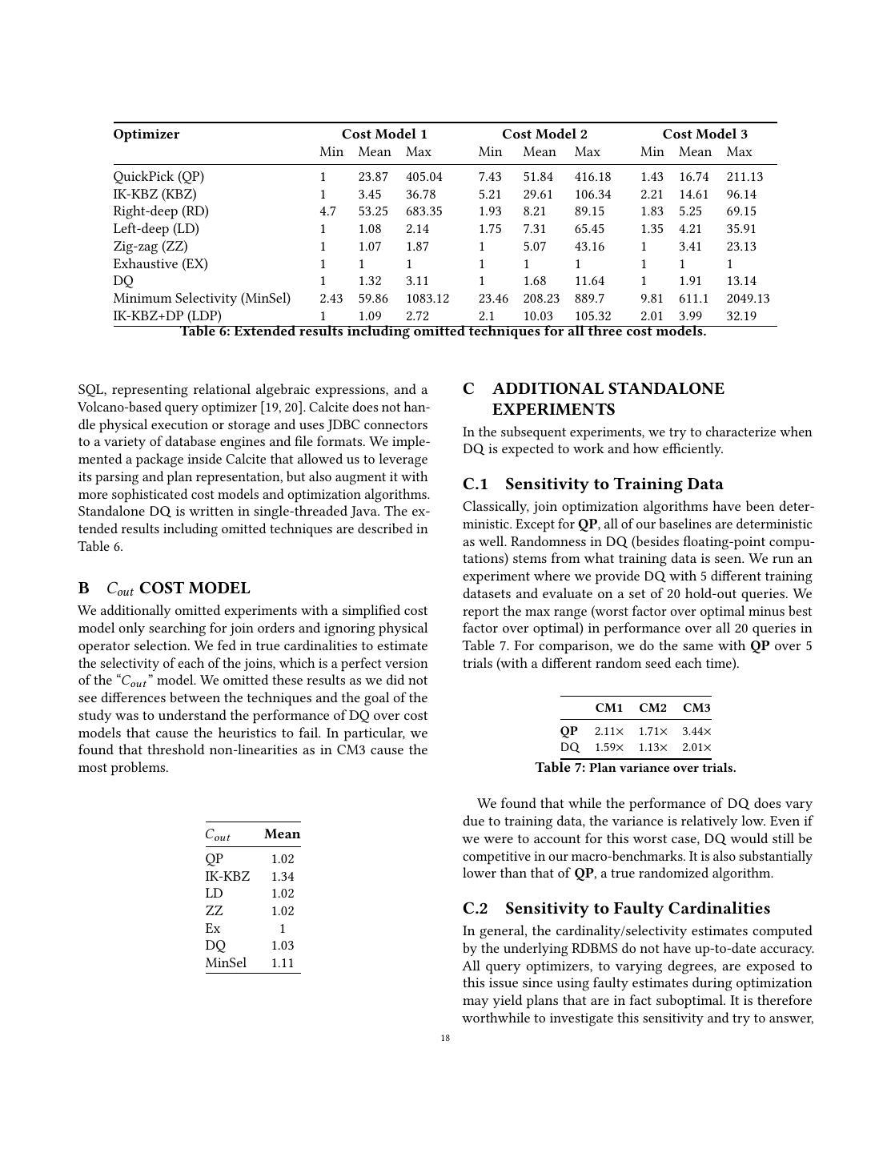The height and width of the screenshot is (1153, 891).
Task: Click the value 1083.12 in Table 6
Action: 427,299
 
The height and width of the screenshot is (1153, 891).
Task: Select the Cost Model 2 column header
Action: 544,135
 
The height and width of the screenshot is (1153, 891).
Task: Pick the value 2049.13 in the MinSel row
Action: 748,299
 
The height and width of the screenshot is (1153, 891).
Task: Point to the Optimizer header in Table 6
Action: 146,135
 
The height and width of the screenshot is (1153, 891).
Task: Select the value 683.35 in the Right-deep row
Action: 424,211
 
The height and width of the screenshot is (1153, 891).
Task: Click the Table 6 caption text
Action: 443,331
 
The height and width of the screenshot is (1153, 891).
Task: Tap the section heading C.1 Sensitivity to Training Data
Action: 592,484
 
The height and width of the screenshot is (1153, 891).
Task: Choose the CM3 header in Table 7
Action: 696,708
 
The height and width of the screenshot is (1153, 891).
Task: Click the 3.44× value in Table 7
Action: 696,731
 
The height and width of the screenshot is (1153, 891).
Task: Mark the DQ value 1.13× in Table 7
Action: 652,748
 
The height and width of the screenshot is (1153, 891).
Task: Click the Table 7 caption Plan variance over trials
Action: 635,768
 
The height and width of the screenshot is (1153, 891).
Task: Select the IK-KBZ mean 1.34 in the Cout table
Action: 283,877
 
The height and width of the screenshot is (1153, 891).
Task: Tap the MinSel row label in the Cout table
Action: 226,963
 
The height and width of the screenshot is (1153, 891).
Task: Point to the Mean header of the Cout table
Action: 282,834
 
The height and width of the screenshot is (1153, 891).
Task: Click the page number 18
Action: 445,1039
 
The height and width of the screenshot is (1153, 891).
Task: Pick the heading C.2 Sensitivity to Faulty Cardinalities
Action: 616,909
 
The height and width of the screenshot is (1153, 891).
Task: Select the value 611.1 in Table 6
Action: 693,299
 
